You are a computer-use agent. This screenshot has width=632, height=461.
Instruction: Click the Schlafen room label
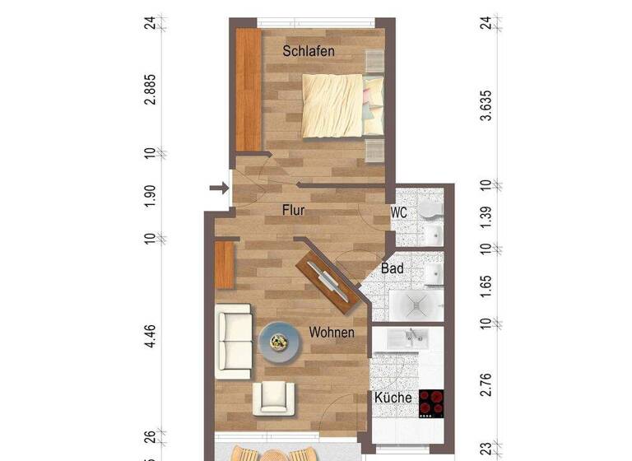[x=309, y=51]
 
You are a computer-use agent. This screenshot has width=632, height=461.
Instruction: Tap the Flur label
[x=294, y=211]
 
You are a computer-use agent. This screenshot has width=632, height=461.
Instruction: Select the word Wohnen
[x=332, y=333]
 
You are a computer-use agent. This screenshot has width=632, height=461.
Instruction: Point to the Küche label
[x=393, y=398]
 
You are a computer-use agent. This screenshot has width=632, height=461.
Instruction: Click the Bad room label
[x=392, y=268]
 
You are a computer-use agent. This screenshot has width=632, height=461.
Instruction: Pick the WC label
[x=399, y=212]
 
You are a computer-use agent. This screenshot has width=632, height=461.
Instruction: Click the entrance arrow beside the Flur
[x=218, y=189]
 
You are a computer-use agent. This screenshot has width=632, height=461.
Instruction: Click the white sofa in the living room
[x=233, y=341]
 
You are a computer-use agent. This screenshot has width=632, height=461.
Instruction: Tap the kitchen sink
[x=407, y=337]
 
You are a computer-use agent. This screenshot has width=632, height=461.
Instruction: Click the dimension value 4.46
[x=150, y=338]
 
